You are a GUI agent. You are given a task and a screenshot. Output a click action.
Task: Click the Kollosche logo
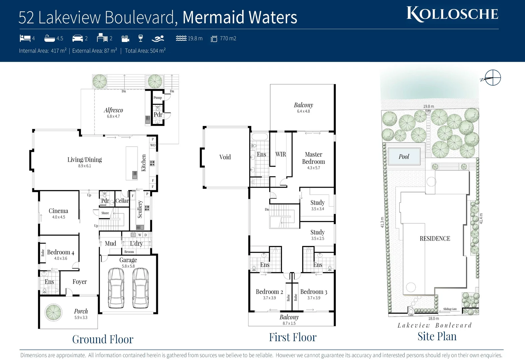point(452,14)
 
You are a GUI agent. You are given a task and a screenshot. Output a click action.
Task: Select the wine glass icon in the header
point(141,38)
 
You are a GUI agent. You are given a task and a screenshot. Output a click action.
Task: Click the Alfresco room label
point(113,110)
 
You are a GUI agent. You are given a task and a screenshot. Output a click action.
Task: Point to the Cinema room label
point(58,211)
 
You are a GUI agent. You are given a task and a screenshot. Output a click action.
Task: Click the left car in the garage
point(116,288)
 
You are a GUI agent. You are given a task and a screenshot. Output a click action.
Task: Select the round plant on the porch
point(53,312)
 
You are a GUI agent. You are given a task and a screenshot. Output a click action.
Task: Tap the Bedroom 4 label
point(61,252)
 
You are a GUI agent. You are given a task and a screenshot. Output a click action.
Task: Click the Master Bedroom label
point(313,158)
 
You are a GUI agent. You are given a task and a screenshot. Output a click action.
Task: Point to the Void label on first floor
point(225,157)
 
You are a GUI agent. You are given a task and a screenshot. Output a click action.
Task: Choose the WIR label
point(280,154)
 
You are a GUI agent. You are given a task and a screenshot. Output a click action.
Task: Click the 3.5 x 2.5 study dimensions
point(317,239)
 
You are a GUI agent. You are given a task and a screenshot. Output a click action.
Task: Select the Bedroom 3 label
point(313,292)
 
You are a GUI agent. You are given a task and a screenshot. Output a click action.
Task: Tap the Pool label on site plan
point(404,157)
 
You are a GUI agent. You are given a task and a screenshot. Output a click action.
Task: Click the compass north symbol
point(492,78)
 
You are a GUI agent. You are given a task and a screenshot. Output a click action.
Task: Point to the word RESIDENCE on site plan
point(435,239)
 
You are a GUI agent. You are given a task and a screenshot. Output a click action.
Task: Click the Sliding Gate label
point(450,309)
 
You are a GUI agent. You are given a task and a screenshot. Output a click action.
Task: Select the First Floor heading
point(292,337)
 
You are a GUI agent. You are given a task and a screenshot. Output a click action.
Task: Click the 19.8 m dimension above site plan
point(428,106)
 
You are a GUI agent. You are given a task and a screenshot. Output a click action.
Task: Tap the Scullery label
point(140,209)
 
